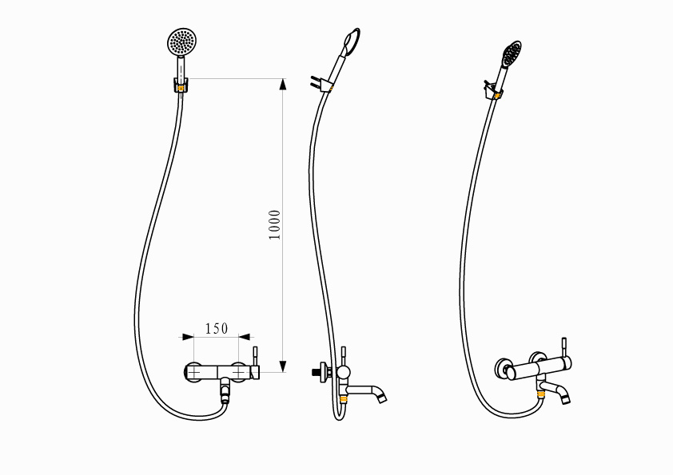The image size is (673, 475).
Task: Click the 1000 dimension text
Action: point(275,225)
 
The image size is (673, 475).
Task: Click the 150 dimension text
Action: point(217,329)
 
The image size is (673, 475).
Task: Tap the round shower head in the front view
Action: point(182,42)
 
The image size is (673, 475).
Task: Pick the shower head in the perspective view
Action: point(512,53)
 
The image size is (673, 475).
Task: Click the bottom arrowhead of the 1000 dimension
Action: point(282,366)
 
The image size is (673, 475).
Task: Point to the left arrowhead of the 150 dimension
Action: point(188,337)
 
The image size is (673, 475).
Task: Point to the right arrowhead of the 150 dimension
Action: point(245,337)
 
